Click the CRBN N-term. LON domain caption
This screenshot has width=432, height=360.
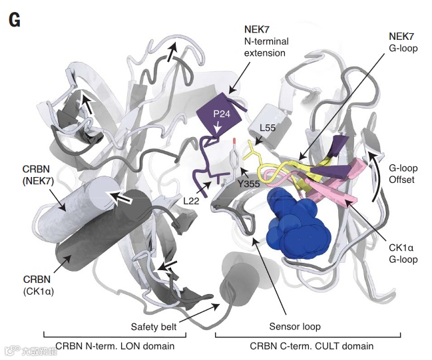click(115, 346)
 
